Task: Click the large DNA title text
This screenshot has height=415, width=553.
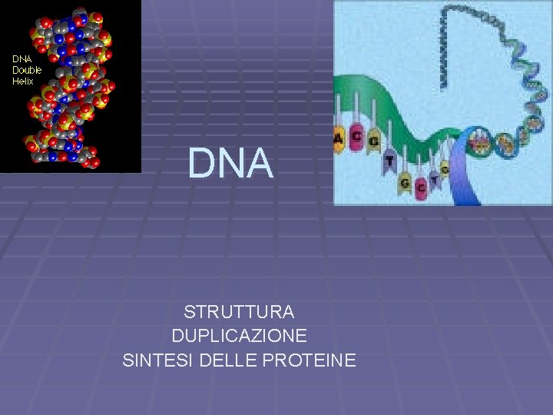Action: coord(230,164)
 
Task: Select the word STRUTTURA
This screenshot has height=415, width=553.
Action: coord(239,312)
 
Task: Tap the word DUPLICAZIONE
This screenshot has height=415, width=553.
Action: coord(239,336)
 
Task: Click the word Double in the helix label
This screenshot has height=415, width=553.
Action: coord(28,70)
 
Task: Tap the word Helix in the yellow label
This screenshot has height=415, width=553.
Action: coord(23,81)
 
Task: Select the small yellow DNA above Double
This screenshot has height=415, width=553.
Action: coord(22,59)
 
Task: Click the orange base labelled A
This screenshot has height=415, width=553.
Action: coord(339,139)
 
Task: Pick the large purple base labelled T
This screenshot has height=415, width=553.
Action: coord(390,161)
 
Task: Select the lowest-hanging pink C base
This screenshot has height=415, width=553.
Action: coord(420,187)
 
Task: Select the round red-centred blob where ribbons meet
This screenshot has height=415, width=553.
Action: coord(481,142)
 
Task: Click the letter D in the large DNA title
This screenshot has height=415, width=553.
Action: coord(201,164)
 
